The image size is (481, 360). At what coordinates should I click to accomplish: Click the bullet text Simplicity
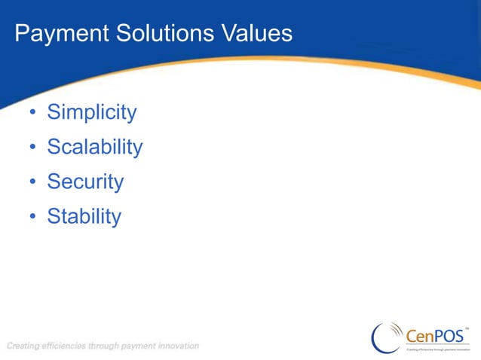click(x=91, y=113)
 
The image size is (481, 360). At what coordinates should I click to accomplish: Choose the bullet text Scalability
click(x=94, y=147)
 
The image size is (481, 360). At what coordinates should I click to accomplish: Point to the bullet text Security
click(x=85, y=182)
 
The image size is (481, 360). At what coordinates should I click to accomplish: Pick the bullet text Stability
click(x=84, y=216)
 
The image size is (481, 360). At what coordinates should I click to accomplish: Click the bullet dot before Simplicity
click(x=32, y=114)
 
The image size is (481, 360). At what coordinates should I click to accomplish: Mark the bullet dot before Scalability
click(x=32, y=148)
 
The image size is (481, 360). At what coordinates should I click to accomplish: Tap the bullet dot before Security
click(x=32, y=183)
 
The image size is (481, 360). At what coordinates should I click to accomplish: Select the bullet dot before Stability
click(x=32, y=218)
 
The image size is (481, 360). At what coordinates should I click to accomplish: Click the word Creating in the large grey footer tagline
click(x=23, y=346)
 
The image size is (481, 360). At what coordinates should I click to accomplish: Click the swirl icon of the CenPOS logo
click(x=387, y=337)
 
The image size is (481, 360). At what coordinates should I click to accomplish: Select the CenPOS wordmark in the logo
click(x=435, y=336)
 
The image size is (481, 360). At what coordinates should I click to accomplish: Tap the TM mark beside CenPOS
click(x=467, y=328)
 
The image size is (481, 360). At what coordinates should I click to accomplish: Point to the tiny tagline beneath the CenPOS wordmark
click(x=438, y=349)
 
